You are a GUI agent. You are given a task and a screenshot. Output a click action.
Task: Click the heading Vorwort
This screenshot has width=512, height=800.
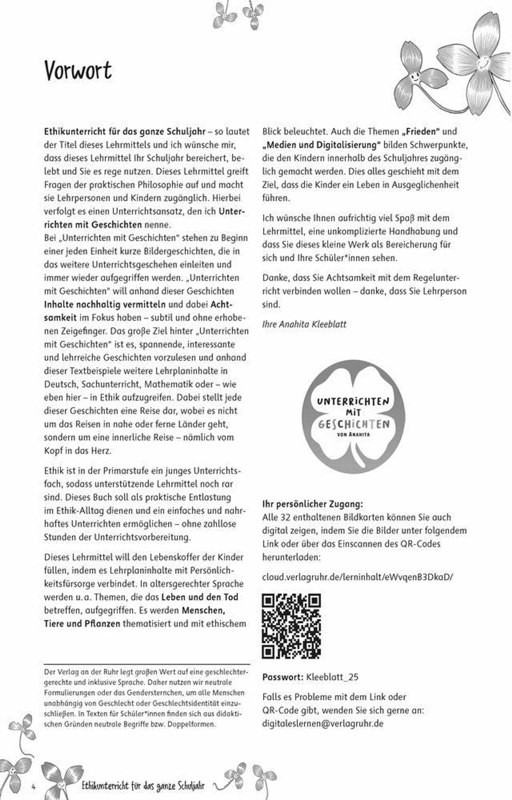[78, 70]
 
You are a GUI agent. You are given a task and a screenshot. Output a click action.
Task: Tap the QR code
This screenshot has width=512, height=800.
[291, 626]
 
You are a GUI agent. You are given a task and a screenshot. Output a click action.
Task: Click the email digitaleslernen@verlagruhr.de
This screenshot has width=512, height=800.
[323, 724]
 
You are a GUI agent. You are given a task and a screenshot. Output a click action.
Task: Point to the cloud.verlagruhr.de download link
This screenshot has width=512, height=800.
[357, 577]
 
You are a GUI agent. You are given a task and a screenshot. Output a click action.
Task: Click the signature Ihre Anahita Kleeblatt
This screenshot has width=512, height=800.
[304, 324]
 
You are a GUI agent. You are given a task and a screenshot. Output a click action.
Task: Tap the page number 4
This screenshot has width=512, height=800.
[33, 787]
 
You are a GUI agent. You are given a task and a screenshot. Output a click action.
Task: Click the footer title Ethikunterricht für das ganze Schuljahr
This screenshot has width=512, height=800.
[143, 786]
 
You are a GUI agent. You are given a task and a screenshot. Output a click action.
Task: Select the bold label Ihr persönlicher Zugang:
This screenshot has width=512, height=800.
[313, 504]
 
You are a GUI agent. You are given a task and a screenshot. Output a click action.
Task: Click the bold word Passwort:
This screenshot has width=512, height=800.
[283, 677]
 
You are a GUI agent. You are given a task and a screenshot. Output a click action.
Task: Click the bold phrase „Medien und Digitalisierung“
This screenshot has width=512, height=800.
[321, 145]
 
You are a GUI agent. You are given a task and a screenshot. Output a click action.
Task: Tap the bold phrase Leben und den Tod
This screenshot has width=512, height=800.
[200, 597]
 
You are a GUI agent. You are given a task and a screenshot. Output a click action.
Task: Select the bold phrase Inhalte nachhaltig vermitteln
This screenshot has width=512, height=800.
[105, 304]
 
